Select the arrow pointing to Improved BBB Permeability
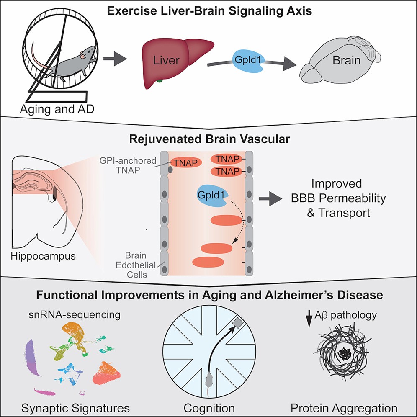click(273, 201)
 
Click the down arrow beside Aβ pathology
click(309, 320)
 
